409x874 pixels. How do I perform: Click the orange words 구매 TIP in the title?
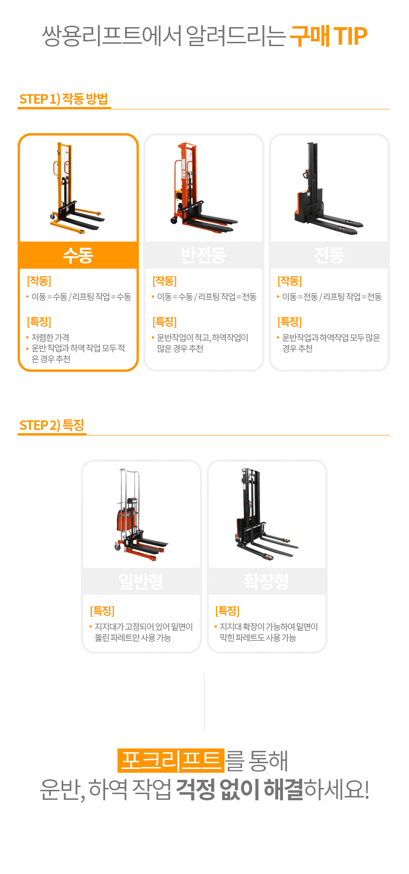click(x=329, y=36)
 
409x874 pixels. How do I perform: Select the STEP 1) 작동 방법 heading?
click(x=64, y=99)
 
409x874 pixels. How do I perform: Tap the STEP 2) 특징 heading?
click(x=52, y=425)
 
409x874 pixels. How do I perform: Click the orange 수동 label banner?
click(x=78, y=255)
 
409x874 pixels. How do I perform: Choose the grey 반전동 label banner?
click(x=204, y=255)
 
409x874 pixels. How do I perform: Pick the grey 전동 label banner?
click(x=329, y=255)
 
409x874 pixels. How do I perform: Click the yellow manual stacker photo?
click(x=77, y=187)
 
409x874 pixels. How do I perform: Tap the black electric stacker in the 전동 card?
click(x=328, y=188)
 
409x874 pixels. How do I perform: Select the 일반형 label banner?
click(x=141, y=581)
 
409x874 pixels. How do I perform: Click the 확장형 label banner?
click(x=267, y=581)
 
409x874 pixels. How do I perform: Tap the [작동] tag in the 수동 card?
click(x=39, y=281)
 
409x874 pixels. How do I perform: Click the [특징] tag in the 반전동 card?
click(x=165, y=322)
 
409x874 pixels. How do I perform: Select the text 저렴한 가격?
click(x=50, y=338)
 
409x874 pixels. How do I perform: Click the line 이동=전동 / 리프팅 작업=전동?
click(x=332, y=297)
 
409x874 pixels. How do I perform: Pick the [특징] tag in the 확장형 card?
click(x=227, y=611)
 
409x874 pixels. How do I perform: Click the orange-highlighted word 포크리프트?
click(x=171, y=760)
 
